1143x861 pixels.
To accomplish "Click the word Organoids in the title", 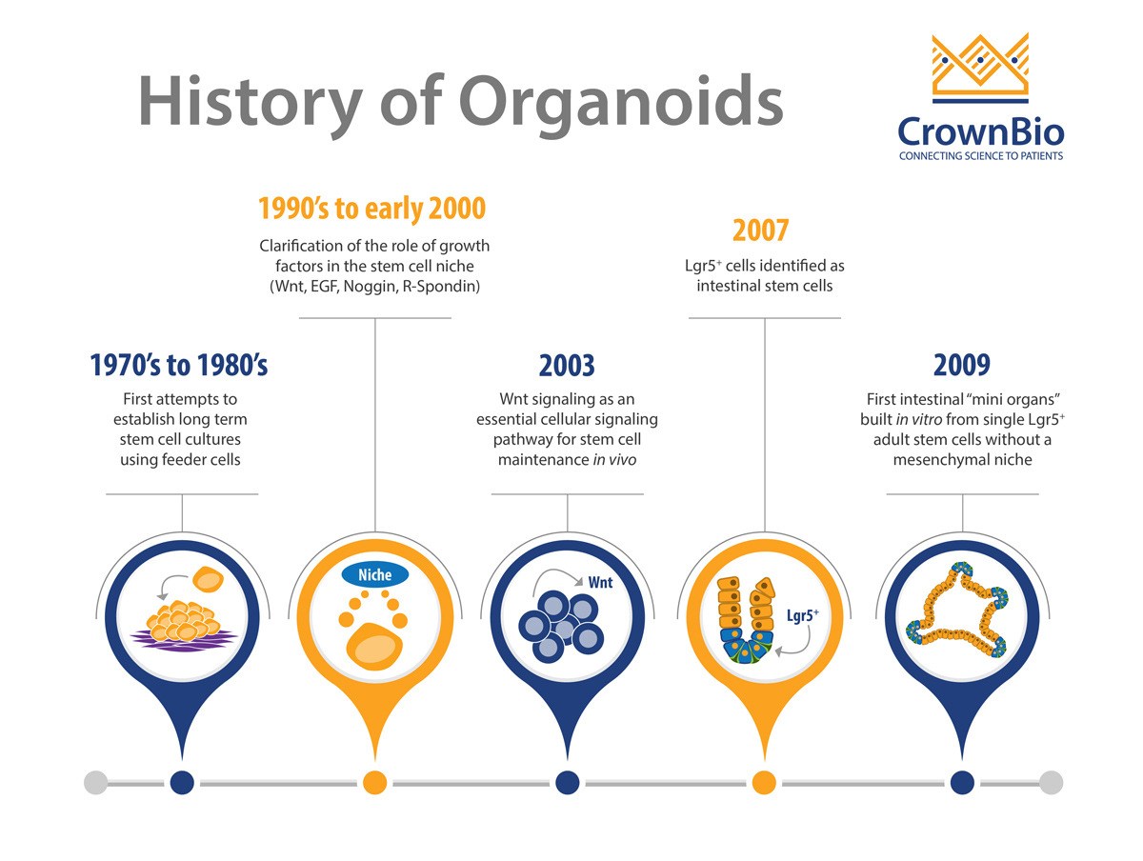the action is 621,103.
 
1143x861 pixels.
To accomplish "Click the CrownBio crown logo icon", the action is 980,68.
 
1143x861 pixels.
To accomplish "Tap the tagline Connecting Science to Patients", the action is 980,155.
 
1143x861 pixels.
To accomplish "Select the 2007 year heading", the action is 760,230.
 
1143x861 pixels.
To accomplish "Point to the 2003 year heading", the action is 567,365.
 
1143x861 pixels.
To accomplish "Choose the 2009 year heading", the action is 961,365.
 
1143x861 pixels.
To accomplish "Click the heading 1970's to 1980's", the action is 179,365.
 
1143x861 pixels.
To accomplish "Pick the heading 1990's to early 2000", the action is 371,209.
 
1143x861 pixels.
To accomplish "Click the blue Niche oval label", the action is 374,574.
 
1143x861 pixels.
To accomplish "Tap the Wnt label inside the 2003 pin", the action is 600,582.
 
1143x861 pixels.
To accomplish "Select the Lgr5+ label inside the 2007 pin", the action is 802,615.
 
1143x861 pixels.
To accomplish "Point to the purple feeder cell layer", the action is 183,639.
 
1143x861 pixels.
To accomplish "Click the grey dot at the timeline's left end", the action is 96,782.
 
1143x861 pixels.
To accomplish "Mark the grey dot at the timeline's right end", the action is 1051,782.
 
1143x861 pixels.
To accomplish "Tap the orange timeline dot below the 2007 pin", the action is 764,782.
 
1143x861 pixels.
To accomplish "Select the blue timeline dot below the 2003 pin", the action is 567,782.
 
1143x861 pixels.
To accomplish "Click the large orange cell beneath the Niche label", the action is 374,646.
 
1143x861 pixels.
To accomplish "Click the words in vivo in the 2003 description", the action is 614,460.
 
